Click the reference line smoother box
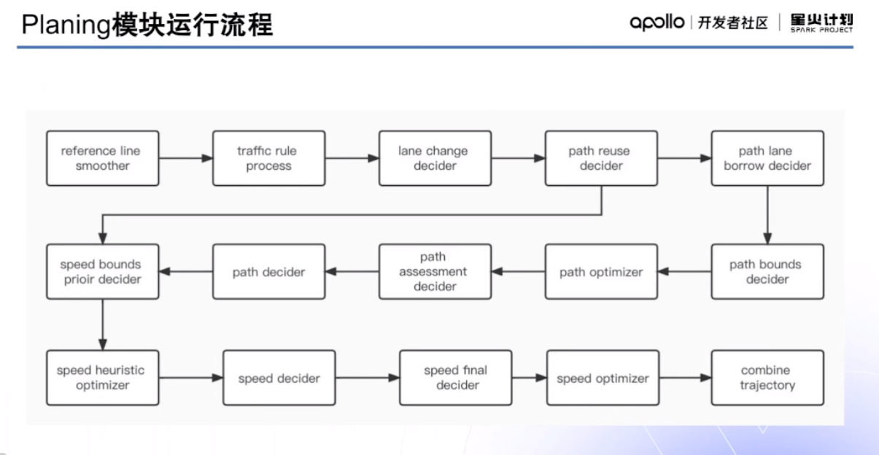[x=102, y=158]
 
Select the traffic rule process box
[x=268, y=158]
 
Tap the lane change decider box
[x=435, y=158]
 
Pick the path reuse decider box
[x=601, y=158]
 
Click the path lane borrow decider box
[x=767, y=158]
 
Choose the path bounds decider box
[x=767, y=271]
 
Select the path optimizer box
[x=601, y=271]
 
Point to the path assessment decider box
[x=435, y=271]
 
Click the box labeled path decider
[x=268, y=271]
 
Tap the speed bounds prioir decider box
[x=102, y=271]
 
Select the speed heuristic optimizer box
[x=102, y=377]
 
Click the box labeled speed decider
[x=279, y=378]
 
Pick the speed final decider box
[x=455, y=377]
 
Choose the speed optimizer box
[x=602, y=378]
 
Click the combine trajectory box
[x=767, y=377]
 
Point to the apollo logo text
[x=657, y=23]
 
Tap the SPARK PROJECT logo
[x=821, y=23]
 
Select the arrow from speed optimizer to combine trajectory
[x=685, y=378]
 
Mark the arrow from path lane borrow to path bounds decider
[x=767, y=214]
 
